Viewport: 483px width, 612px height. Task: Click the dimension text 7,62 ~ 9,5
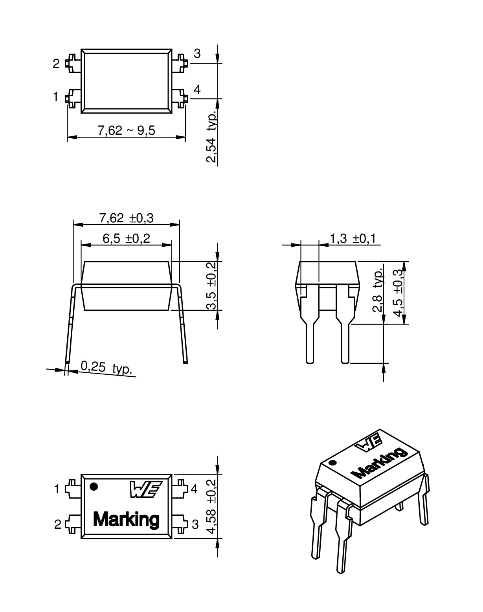[126, 130]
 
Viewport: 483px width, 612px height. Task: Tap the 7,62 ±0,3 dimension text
[126, 218]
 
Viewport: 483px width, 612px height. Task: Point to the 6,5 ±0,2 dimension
[126, 238]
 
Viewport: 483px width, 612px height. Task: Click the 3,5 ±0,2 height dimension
[211, 286]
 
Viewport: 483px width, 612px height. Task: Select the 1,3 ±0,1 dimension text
[353, 238]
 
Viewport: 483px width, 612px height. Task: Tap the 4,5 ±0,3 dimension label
[398, 293]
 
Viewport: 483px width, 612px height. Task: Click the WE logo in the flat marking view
[144, 489]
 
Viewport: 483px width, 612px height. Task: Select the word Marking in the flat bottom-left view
[126, 519]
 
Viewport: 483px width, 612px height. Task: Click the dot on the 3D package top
[333, 462]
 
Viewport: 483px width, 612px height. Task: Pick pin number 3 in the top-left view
[197, 54]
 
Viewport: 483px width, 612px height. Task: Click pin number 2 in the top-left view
[56, 64]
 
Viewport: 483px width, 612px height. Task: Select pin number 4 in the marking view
[194, 489]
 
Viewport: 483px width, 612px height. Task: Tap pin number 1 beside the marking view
[57, 489]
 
